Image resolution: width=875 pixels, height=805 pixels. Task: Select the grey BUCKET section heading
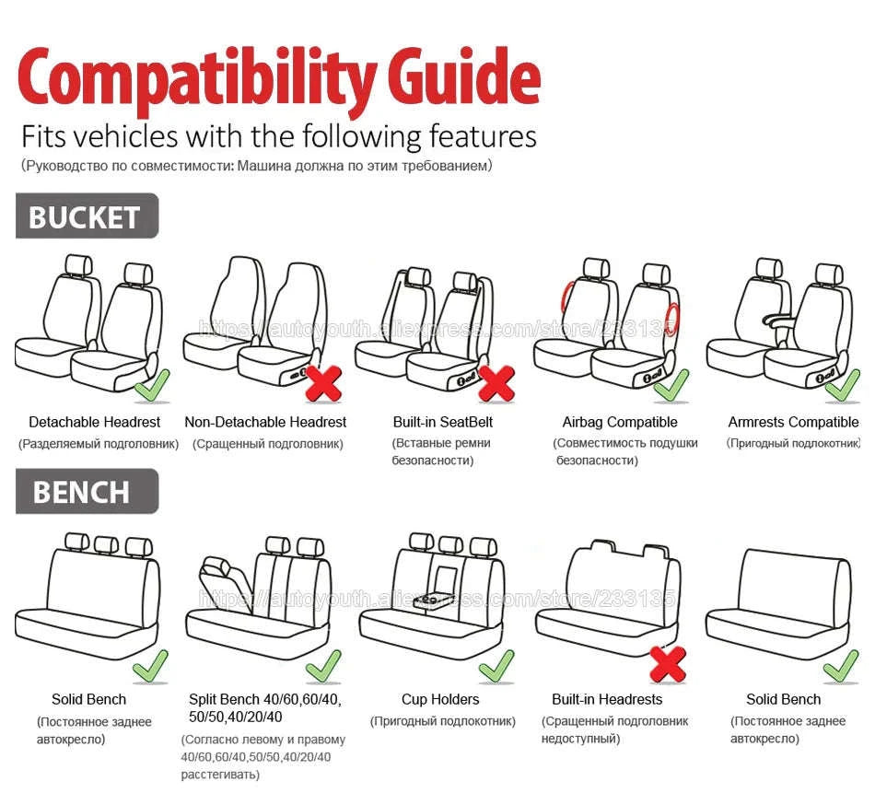pos(86,217)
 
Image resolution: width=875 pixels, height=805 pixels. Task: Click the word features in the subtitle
pos(483,137)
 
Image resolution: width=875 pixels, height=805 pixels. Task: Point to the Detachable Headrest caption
pos(94,422)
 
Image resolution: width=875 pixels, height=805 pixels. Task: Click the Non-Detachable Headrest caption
pos(265,422)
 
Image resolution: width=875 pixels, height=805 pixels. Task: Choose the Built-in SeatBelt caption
pos(443,422)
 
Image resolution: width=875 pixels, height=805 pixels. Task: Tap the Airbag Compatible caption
pos(620,422)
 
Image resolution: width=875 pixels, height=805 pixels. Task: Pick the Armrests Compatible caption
pos(792,422)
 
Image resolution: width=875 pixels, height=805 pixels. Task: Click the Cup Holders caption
pos(440,699)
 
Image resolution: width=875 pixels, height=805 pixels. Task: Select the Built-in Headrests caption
pos(607,699)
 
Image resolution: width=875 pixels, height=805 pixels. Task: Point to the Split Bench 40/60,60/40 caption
pos(264,699)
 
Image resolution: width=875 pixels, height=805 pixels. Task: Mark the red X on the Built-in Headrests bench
pos(668,663)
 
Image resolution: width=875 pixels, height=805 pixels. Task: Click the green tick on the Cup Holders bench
pos(496,665)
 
